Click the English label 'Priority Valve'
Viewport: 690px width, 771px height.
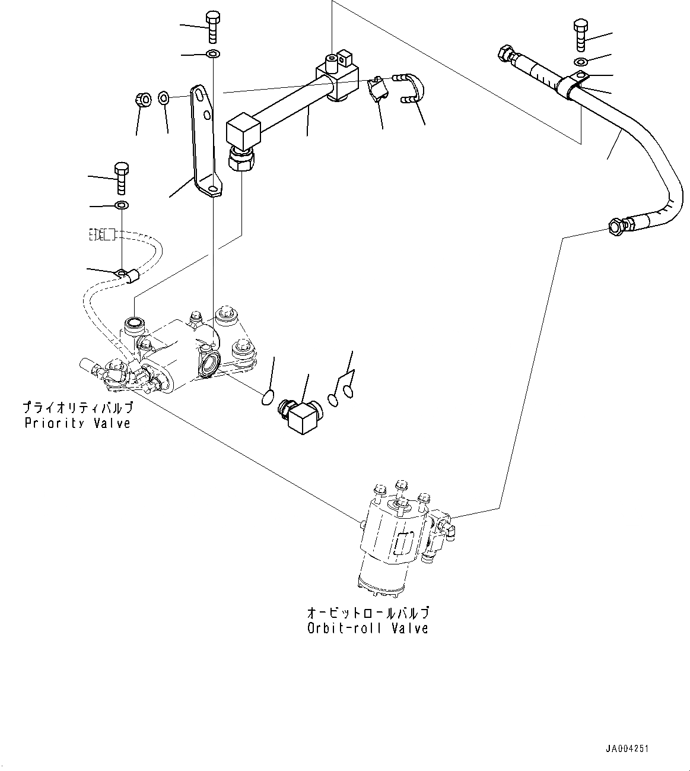77,423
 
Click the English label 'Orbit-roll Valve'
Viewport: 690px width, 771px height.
367,628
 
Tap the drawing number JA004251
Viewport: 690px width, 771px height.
627,749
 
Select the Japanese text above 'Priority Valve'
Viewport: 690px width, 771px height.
77,408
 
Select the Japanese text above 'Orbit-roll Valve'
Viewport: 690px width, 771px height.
367,613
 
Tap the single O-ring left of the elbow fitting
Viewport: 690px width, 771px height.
268,398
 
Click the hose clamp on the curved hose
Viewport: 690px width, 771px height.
573,85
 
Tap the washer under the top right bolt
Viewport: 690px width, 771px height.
581,62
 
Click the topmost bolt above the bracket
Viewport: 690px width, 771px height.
212,27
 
